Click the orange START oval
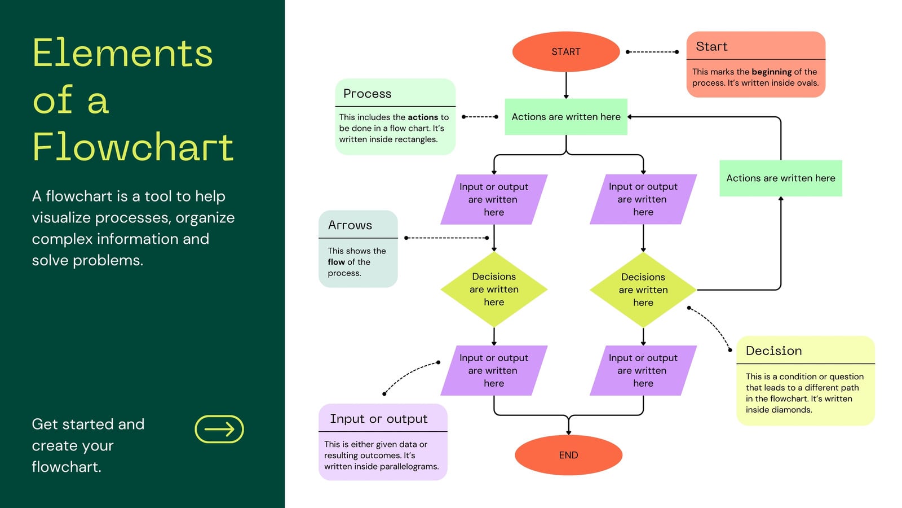pos(566,51)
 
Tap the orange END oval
pos(569,455)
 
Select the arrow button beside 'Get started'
pos(219,429)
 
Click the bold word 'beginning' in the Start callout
pos(772,72)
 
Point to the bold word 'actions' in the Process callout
pos(423,117)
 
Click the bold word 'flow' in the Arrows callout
pos(336,262)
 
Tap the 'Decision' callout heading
pos(773,351)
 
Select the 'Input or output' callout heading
pos(378,419)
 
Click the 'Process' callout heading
pos(367,94)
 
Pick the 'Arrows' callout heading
pos(350,225)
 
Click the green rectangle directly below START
pos(566,116)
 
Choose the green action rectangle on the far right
pos(781,178)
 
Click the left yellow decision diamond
pos(494,289)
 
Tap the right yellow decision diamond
pos(643,290)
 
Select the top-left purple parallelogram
pos(494,199)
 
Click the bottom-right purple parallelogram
pos(643,370)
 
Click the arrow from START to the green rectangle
pos(566,85)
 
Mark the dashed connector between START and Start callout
pos(652,52)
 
